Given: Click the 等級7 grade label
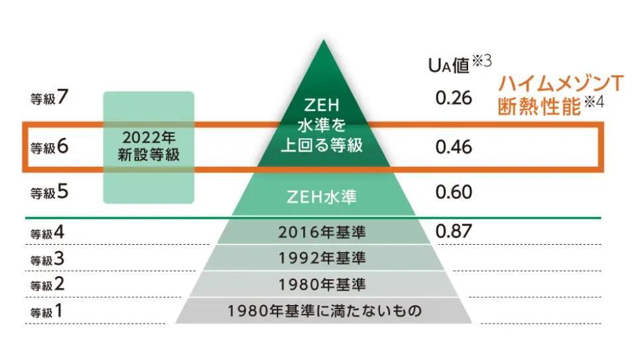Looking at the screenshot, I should (x=49, y=98).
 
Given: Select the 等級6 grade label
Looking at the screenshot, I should (x=49, y=147).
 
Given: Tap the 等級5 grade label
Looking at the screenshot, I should (x=49, y=193).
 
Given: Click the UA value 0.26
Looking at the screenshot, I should (x=454, y=99).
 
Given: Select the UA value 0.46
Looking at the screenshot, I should (x=454, y=147).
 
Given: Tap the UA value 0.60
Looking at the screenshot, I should (x=454, y=193).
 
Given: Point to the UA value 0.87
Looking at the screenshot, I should (x=454, y=232).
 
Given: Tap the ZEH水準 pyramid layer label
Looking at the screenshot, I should (x=322, y=197).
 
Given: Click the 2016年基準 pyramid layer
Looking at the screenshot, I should (x=322, y=232).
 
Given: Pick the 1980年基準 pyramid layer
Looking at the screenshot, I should (x=322, y=285).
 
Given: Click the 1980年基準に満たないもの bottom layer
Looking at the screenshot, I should (x=324, y=310).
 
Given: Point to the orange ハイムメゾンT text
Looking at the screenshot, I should (x=561, y=85).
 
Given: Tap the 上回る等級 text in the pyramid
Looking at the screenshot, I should (x=322, y=146).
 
